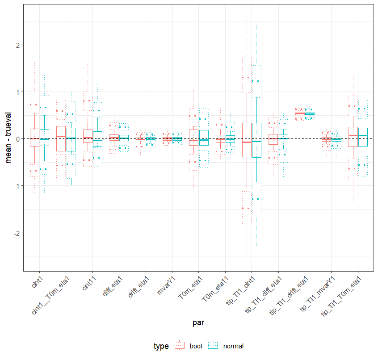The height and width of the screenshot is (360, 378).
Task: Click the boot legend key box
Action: click(180, 346)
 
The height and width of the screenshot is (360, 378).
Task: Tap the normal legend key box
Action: click(213, 346)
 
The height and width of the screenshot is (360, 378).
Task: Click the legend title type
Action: click(161, 346)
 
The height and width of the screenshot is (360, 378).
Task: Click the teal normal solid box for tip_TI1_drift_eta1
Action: click(309, 114)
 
